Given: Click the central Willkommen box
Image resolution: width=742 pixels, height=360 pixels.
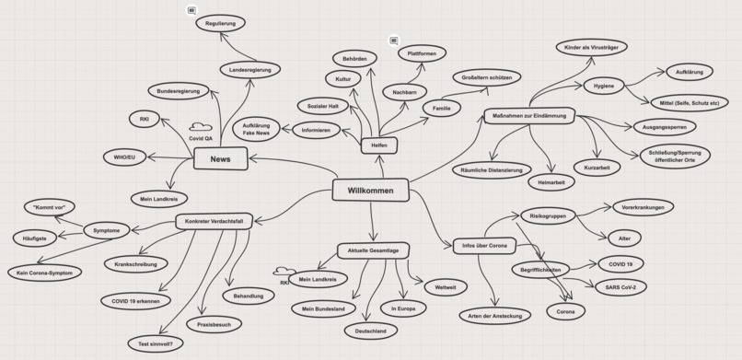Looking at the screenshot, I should click(370, 191).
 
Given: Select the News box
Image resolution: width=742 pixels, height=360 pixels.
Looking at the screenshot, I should click(221, 159).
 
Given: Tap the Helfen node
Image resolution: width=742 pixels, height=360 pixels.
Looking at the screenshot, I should click(378, 145).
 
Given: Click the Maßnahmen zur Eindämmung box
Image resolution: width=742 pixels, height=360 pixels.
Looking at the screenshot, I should click(529, 115).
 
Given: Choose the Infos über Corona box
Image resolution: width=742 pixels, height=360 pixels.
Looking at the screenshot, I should click(485, 245).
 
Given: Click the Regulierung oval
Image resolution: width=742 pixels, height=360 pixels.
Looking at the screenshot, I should click(220, 22).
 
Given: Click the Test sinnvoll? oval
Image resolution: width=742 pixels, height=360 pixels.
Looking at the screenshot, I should click(157, 343).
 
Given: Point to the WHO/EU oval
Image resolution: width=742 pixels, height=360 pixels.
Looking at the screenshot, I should click(124, 157).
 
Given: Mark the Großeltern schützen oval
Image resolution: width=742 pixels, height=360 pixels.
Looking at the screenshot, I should click(486, 77).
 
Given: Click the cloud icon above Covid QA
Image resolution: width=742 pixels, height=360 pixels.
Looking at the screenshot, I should click(201, 127).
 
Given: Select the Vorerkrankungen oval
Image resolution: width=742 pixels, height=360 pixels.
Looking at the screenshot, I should click(643, 207).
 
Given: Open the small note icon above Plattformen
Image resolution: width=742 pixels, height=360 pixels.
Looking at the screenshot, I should click(394, 41).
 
